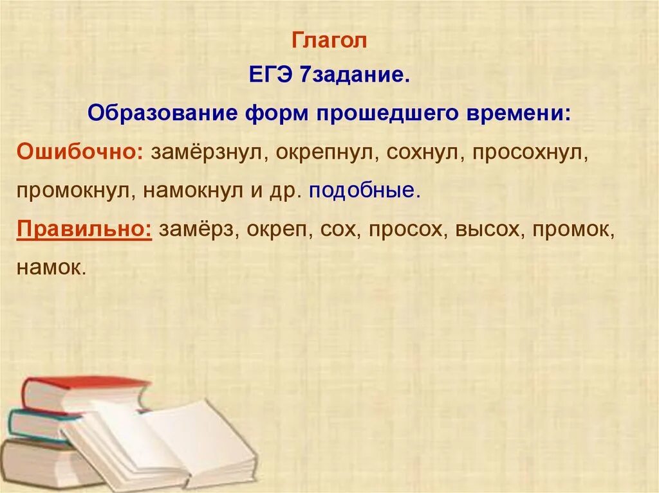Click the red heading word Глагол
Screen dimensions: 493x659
pyautogui.click(x=329, y=41)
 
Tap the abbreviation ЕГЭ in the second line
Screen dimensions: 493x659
pyautogui.click(x=271, y=77)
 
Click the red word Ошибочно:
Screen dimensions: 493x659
pyautogui.click(x=81, y=153)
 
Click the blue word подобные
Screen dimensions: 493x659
pyautogui.click(x=364, y=191)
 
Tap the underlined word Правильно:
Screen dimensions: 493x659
pyautogui.click(x=84, y=229)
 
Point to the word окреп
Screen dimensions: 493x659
pyautogui.click(x=273, y=229)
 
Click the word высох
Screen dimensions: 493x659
pyautogui.click(x=487, y=229)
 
